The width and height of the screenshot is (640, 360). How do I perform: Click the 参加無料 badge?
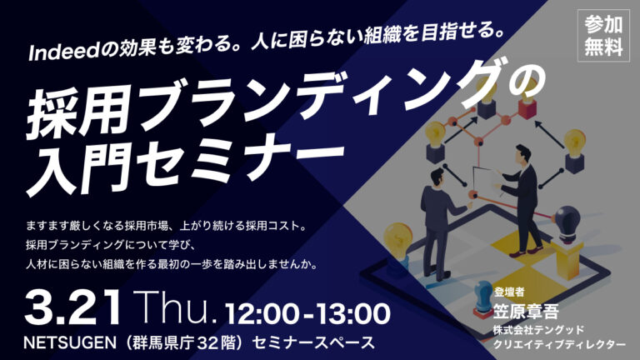[x=603, y=37]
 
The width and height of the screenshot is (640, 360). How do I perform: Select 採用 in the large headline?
[x=75, y=112]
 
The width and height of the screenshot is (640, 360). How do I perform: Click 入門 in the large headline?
[x=75, y=167]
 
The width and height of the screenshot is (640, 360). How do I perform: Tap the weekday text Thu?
[x=177, y=307]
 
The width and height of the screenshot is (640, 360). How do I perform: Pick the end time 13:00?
[x=353, y=314]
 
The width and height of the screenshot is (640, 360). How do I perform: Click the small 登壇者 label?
[x=509, y=292]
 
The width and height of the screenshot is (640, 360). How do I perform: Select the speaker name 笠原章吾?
[x=526, y=312]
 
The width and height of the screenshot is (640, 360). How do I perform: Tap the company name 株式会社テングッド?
[x=538, y=329]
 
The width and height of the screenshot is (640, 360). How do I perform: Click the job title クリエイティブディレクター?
[x=559, y=344]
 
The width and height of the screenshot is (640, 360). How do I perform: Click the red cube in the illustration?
[x=527, y=107]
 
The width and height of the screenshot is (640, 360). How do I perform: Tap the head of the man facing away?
[x=436, y=177]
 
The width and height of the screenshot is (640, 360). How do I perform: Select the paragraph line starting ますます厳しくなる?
[x=166, y=226]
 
